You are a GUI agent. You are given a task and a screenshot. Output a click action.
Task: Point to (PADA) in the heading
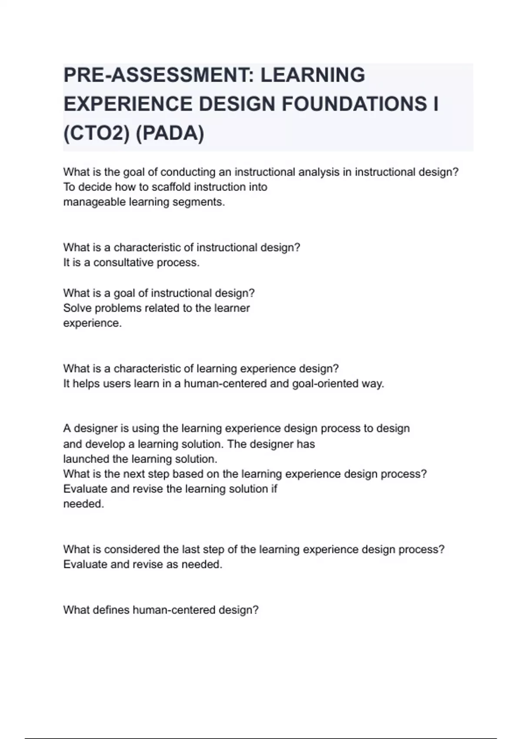tap(170, 133)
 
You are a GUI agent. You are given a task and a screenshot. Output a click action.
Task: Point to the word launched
tap(86, 459)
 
